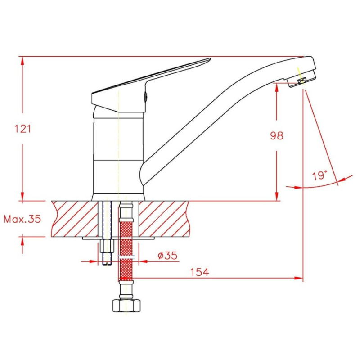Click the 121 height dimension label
(x=22, y=129)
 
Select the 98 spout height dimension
(x=277, y=135)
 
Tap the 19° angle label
(x=319, y=175)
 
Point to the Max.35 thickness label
(x=22, y=219)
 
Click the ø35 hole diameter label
(x=167, y=255)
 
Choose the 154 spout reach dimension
(x=199, y=272)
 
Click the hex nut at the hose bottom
(x=126, y=306)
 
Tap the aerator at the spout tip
(x=301, y=81)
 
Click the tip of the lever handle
(x=210, y=59)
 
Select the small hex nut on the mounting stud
(x=107, y=246)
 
